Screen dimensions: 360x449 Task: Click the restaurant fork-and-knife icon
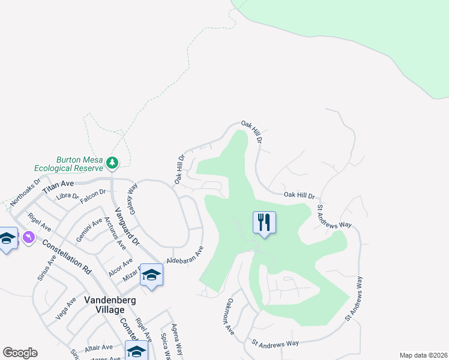tap(264, 223)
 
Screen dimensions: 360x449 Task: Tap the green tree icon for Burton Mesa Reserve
tap(112, 162)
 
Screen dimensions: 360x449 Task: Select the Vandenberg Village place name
tap(96, 305)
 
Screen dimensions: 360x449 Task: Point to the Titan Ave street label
tap(58, 184)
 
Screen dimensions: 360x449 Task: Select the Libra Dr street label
tap(67, 197)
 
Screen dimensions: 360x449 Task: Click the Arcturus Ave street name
tap(113, 233)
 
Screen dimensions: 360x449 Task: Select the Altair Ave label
tap(98, 347)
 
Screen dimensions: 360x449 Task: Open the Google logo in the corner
tap(20, 353)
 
